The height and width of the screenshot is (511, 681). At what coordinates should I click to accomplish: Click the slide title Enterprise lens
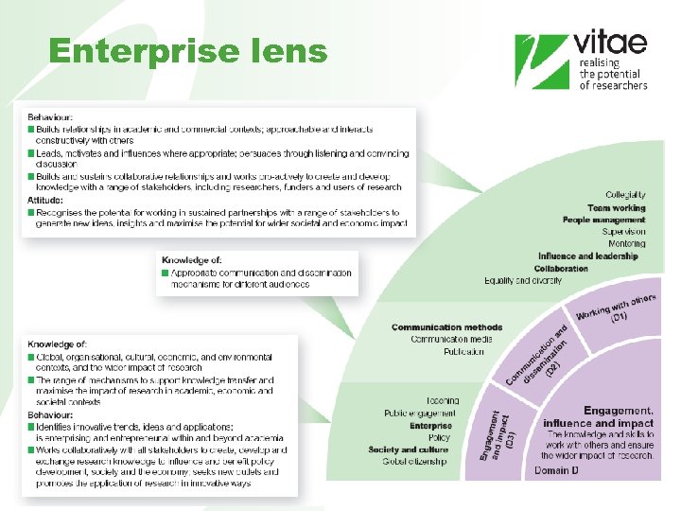[x=187, y=51]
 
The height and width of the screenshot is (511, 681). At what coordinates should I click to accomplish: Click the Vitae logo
[x=581, y=62]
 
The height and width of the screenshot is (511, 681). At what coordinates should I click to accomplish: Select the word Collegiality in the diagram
[x=625, y=195]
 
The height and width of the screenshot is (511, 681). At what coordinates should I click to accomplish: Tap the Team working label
[x=616, y=207]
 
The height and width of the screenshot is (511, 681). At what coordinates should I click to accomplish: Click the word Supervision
[x=623, y=231]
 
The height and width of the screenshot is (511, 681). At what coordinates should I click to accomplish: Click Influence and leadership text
[x=587, y=255]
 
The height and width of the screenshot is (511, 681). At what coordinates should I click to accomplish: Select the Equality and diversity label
[x=523, y=280]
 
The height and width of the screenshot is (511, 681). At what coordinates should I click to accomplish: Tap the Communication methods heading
[x=446, y=327]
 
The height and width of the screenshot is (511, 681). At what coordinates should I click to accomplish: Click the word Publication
[x=463, y=351]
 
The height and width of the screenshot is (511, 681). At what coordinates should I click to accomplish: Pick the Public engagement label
[x=420, y=414]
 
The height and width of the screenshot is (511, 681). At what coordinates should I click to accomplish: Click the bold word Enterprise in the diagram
[x=430, y=426]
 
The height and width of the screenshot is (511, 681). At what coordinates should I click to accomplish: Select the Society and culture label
[x=409, y=449]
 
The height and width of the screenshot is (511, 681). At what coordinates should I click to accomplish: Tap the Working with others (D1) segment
[x=615, y=308]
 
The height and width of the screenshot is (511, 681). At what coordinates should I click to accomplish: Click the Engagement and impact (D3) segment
[x=498, y=434]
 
